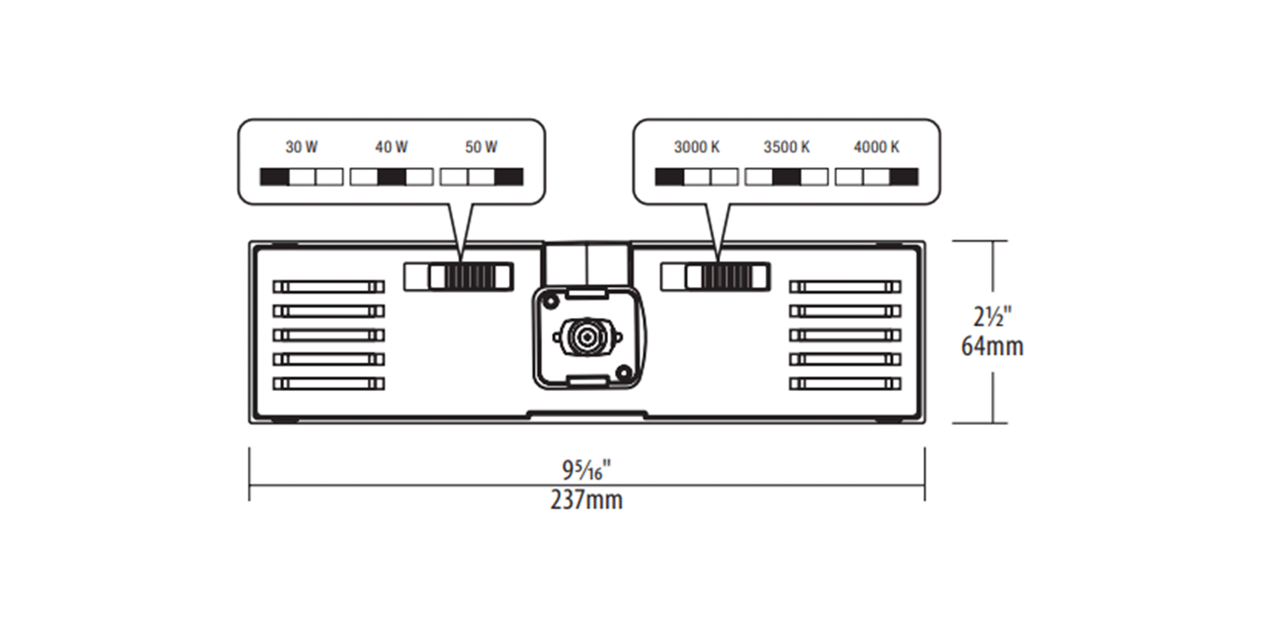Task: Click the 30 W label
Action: click(x=301, y=147)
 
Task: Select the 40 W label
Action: click(x=391, y=147)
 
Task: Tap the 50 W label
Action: click(x=481, y=147)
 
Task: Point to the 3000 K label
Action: click(x=697, y=147)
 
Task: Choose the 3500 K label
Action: click(x=786, y=147)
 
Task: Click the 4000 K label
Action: click(x=877, y=147)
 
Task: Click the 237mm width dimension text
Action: click(x=587, y=501)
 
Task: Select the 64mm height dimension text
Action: click(x=992, y=347)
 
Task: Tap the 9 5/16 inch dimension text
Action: click(x=587, y=470)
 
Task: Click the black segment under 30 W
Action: click(x=274, y=177)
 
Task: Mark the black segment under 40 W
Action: click(x=391, y=177)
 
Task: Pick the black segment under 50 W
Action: click(x=509, y=177)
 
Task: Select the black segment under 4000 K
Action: click(x=904, y=177)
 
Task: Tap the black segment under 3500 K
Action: click(x=786, y=177)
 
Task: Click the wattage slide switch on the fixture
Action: click(x=463, y=277)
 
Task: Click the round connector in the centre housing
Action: click(x=586, y=335)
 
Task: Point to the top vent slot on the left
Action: click(x=328, y=286)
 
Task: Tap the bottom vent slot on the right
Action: click(x=845, y=383)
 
